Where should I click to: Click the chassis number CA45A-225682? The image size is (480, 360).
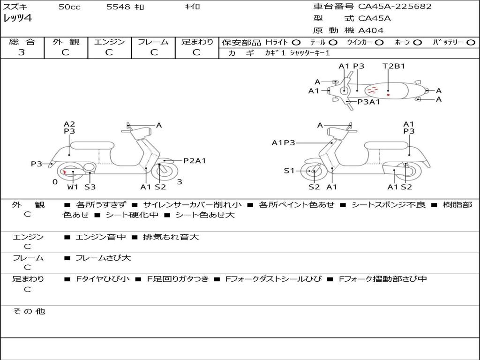(x=395, y=7)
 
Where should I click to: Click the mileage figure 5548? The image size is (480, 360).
(x=118, y=7)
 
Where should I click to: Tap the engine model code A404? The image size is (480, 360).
(x=371, y=30)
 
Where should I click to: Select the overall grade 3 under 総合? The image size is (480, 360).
(x=22, y=52)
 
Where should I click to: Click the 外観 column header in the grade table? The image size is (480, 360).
(x=66, y=42)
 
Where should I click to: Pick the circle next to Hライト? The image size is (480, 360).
(x=296, y=43)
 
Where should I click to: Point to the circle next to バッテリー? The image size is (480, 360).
(x=471, y=43)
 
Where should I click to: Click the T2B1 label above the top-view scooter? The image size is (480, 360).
(x=394, y=66)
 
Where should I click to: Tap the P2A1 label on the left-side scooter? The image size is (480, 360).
(x=195, y=161)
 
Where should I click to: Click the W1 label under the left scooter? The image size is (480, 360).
(x=73, y=187)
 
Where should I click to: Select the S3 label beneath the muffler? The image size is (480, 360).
(x=90, y=187)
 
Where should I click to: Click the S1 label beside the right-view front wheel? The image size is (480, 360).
(x=289, y=171)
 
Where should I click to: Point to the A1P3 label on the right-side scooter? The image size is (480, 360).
(x=284, y=142)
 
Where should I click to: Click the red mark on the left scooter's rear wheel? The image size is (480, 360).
(x=64, y=172)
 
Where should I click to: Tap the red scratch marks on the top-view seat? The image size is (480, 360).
(x=373, y=90)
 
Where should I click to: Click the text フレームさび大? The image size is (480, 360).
(x=103, y=258)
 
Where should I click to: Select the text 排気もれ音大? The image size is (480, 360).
(x=171, y=237)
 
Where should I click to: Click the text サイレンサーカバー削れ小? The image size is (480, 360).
(x=192, y=205)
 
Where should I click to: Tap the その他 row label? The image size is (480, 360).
(x=29, y=311)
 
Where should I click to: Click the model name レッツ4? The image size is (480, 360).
(x=17, y=18)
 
